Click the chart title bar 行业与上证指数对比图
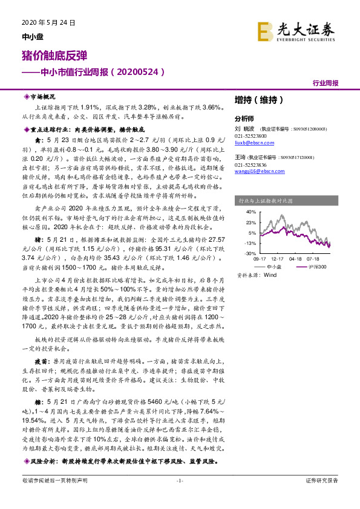266,199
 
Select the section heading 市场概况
42,97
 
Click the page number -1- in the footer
179,497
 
